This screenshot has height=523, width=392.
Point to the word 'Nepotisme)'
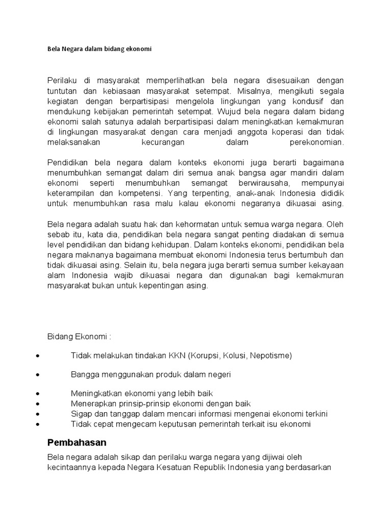tap(274, 355)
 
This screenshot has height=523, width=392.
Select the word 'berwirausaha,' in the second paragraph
tap(249, 183)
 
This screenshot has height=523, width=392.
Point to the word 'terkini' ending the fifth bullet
tap(316, 414)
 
